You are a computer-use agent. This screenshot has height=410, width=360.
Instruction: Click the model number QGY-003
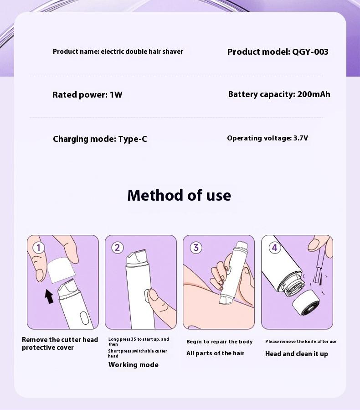[x=310, y=52]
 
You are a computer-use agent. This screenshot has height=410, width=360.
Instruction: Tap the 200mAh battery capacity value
[x=314, y=94]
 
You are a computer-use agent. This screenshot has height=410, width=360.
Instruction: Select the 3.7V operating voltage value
[x=300, y=138]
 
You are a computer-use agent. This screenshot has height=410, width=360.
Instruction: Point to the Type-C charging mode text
[x=133, y=139]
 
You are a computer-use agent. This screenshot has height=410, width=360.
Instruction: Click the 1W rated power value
[x=116, y=95]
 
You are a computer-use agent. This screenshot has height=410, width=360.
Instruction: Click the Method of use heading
[x=179, y=195]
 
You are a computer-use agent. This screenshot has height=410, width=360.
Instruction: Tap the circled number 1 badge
[x=39, y=248]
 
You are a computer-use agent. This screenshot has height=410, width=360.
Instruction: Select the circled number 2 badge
[x=117, y=248]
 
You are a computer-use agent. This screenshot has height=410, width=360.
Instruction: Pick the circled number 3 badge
[x=195, y=248]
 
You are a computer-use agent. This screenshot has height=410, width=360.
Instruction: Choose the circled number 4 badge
[x=274, y=248]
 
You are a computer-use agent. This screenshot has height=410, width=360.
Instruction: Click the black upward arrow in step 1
[x=49, y=296]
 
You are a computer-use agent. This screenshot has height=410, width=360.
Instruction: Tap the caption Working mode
[x=134, y=365]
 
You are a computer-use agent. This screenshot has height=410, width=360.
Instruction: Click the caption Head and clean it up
[x=297, y=354]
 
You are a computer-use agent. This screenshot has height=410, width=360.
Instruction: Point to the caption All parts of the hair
[x=216, y=353]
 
